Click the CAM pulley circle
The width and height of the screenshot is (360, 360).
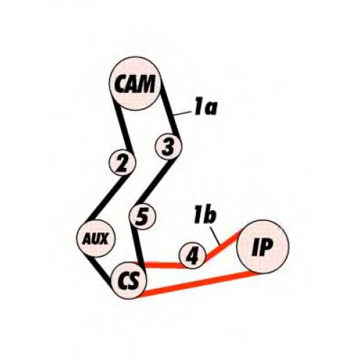[x=135, y=84]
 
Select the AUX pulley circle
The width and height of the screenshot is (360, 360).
[x=96, y=238]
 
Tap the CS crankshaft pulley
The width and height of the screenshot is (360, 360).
[x=130, y=281]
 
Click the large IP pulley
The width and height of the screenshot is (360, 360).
[x=263, y=247]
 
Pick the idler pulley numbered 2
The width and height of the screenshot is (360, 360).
[x=122, y=163]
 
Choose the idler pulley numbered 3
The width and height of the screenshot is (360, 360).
[x=168, y=146]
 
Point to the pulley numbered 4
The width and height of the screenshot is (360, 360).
[x=193, y=256]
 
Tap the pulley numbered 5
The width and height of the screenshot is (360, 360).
[x=143, y=216]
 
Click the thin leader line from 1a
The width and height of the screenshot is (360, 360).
[x=183, y=114]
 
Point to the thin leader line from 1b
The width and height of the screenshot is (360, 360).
[x=215, y=235]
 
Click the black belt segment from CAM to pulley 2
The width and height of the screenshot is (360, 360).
[x=122, y=127]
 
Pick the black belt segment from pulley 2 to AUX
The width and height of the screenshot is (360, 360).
[x=107, y=199]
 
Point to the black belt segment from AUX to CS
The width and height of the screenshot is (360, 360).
[x=101, y=269]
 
